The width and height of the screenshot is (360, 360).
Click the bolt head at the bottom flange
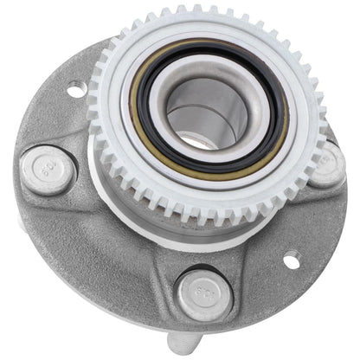coord(205,293)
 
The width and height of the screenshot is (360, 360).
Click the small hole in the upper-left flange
coord(75,88)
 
